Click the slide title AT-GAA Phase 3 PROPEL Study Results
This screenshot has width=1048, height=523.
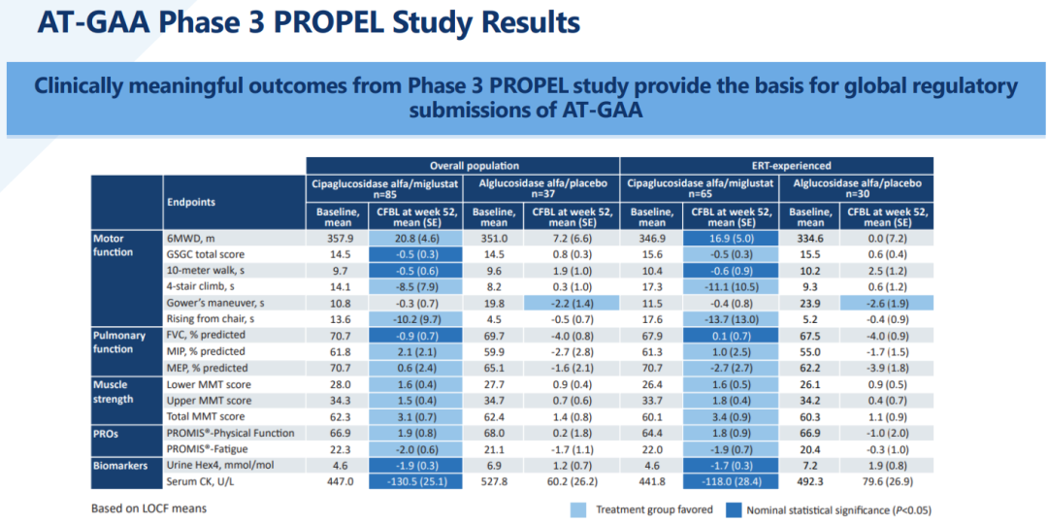click(309, 23)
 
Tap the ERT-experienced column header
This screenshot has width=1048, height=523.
click(775, 165)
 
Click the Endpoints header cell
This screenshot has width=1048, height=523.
click(192, 203)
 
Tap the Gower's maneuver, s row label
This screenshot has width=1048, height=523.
click(214, 303)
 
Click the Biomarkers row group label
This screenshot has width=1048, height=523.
click(121, 465)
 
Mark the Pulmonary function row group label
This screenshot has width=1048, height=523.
click(119, 343)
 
